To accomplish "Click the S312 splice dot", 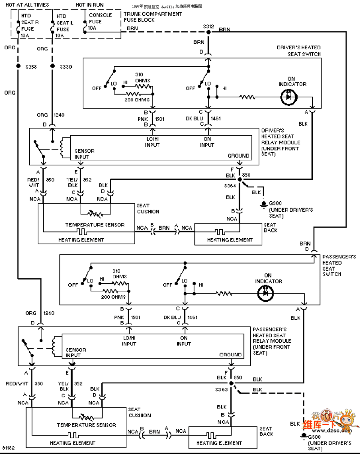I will pyautogui.click(x=208, y=32).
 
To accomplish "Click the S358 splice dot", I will pyautogui.click(x=18, y=67).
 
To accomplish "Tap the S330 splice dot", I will pyautogui.click(x=52, y=67).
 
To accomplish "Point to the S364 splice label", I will pyautogui.click(x=230, y=185).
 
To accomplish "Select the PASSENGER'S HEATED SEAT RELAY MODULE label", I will pyautogui.click(x=272, y=341).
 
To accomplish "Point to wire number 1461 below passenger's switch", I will pyautogui.click(x=193, y=318).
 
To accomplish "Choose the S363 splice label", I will pyautogui.click(x=221, y=389).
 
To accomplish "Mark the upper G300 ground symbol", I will pyautogui.click(x=263, y=204).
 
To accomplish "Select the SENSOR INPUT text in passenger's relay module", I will pyautogui.click(x=73, y=352).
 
